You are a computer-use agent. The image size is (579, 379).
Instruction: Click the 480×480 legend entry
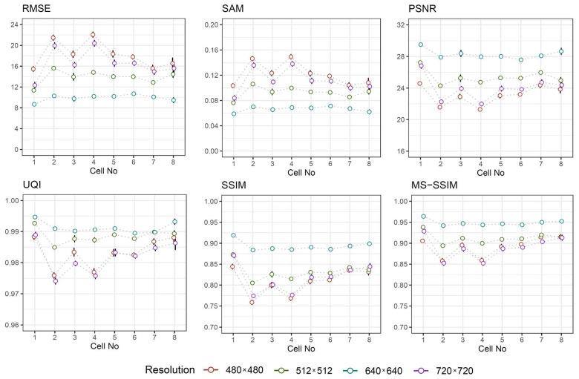[x=237, y=369]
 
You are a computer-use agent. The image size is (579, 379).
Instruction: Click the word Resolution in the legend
[x=168, y=369]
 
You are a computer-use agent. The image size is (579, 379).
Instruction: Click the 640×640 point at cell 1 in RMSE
[x=33, y=105]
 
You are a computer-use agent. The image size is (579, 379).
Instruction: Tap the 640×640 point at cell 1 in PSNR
[x=421, y=45]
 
